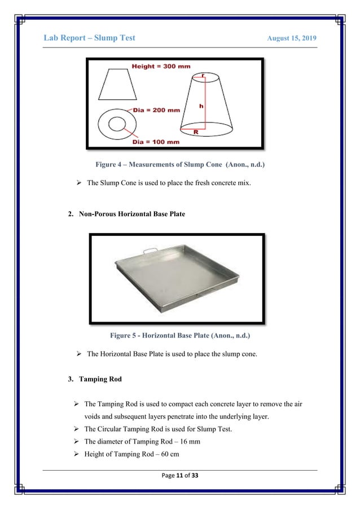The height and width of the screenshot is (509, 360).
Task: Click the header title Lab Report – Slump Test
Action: [x=89, y=38]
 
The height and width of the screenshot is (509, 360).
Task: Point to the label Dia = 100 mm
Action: [x=156, y=142]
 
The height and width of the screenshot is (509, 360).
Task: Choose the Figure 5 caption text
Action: [x=181, y=336]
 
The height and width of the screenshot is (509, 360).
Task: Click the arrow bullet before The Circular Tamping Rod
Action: [x=74, y=428]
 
